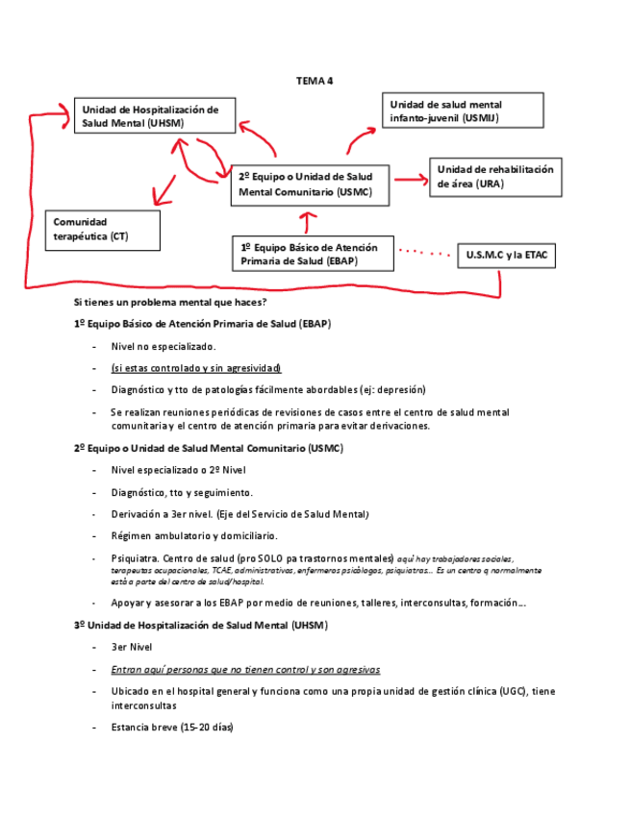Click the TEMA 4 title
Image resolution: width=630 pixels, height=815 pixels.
click(x=314, y=81)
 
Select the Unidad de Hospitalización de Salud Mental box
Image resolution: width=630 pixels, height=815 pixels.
click(x=150, y=115)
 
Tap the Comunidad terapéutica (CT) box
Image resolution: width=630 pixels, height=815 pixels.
click(x=102, y=229)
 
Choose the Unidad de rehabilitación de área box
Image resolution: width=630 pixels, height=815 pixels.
click(x=494, y=177)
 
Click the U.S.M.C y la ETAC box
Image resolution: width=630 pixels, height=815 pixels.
click(x=506, y=256)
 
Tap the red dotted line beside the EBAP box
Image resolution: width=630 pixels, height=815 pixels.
click(x=423, y=253)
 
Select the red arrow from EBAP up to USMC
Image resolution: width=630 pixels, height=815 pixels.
click(x=307, y=222)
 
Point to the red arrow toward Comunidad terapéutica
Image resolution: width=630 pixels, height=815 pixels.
click(x=165, y=189)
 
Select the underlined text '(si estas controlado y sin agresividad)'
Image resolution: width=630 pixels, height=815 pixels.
click(x=195, y=368)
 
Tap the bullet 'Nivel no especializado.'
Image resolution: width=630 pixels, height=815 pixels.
click(x=164, y=346)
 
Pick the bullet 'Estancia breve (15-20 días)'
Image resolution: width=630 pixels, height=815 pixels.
click(x=172, y=727)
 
